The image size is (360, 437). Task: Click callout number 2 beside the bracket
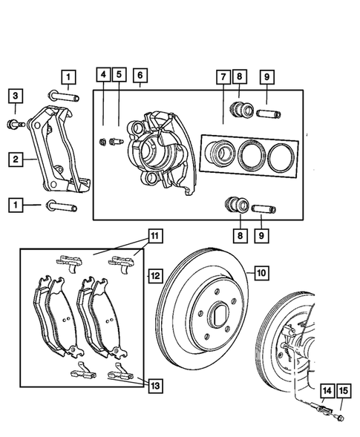[x=14, y=158]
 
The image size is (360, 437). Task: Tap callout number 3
[x=15, y=96]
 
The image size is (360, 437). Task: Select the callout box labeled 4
[x=103, y=75]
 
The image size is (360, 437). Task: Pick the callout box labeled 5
[x=119, y=75]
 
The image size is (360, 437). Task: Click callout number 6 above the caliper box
[x=140, y=75]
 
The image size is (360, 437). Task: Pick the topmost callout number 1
[x=68, y=76]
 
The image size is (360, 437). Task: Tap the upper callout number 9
[x=266, y=76]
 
